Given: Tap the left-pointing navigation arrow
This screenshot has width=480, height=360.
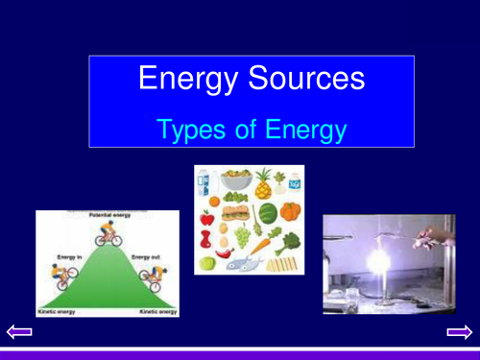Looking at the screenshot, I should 20,332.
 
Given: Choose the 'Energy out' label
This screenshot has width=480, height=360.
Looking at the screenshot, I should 145,257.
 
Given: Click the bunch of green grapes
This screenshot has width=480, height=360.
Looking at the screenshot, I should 243,232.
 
